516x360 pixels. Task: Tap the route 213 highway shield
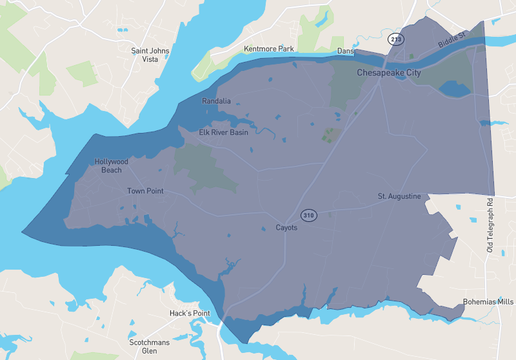point(397,39)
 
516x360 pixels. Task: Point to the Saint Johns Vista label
point(152,54)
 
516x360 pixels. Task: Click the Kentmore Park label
point(269,48)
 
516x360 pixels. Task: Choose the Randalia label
point(216,101)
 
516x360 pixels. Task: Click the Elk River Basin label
point(224,132)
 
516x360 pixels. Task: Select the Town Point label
point(144,191)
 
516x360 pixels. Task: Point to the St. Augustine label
point(399,196)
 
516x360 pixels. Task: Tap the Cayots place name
point(287,228)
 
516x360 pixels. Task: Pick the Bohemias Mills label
point(487,301)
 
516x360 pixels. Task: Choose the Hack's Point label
point(190,314)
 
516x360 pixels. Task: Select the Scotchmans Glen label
point(151,346)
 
